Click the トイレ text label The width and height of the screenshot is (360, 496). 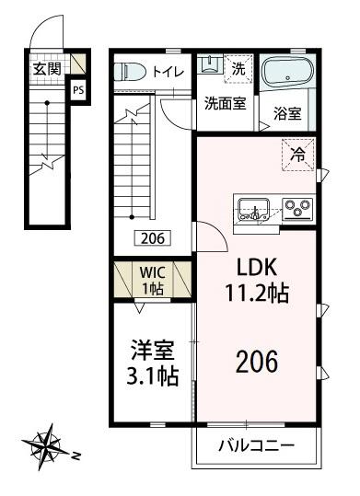click(167, 71)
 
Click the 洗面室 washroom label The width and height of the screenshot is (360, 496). click(225, 103)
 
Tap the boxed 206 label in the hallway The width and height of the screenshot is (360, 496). click(153, 237)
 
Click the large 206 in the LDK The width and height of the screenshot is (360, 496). click(258, 362)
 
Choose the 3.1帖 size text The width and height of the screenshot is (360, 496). click(147, 375)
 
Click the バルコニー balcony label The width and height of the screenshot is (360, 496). click(256, 447)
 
